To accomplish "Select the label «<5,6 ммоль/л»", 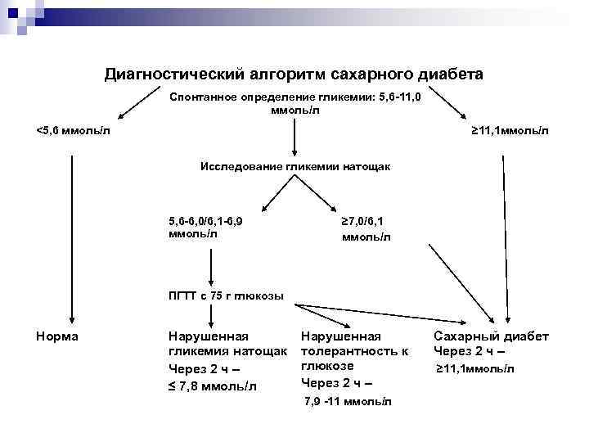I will click(73, 130).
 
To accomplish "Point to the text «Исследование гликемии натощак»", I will click(295, 166).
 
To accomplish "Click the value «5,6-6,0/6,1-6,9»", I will click(204, 220).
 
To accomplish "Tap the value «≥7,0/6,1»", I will click(365, 221).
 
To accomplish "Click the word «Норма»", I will click(57, 336).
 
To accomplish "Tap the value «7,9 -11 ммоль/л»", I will click(348, 402).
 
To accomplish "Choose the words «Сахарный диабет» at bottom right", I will click(491, 336).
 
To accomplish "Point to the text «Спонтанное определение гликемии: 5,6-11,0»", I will click(295, 97).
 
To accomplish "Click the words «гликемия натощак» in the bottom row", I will click(227, 351).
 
